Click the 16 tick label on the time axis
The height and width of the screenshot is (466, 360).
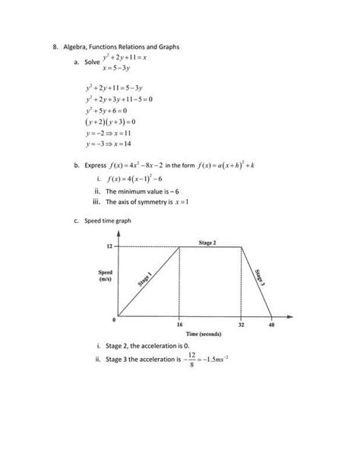(x=179, y=325)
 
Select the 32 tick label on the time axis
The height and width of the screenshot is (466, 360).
(x=241, y=325)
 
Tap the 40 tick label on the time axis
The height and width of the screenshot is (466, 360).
(x=272, y=325)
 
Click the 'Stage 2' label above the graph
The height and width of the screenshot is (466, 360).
(x=207, y=242)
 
